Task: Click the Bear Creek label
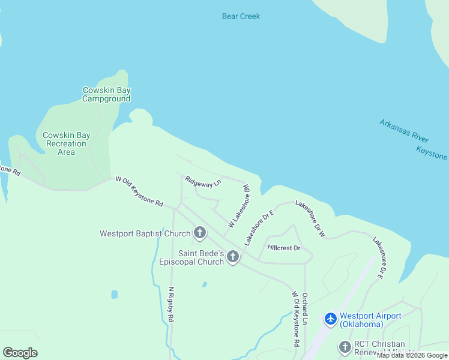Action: (x=241, y=16)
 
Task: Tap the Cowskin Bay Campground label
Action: (x=106, y=95)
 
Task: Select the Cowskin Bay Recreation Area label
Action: (x=66, y=143)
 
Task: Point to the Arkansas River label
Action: (x=403, y=130)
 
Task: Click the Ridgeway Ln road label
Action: (x=203, y=181)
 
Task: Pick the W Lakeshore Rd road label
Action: (x=238, y=206)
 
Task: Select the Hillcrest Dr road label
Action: (x=283, y=247)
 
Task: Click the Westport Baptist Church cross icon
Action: (x=199, y=232)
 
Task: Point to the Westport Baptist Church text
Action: (x=145, y=233)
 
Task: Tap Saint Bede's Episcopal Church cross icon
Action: (x=232, y=257)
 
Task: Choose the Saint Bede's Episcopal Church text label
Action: (x=191, y=257)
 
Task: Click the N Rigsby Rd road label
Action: (x=171, y=304)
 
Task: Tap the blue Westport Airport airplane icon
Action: (x=330, y=319)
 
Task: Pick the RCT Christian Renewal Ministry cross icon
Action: (x=345, y=347)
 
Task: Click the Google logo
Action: (x=20, y=353)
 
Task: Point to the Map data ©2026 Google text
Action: (x=412, y=356)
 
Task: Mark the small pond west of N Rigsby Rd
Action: (x=114, y=295)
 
